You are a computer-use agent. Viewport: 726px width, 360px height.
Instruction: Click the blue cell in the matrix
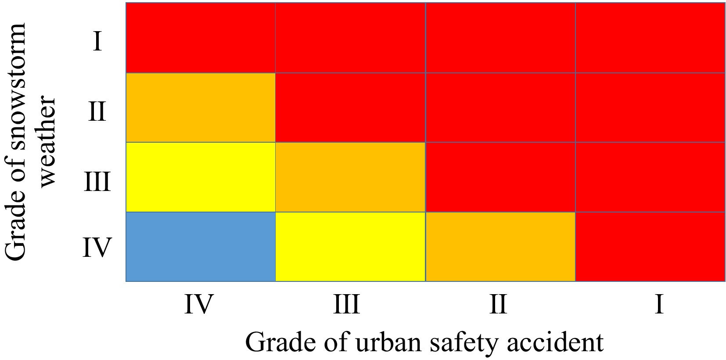[201, 246]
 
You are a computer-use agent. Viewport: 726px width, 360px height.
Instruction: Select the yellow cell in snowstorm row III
[201, 177]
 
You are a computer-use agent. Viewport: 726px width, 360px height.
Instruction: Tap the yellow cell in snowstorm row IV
[350, 246]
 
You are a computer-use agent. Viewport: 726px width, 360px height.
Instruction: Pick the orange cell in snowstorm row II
[201, 108]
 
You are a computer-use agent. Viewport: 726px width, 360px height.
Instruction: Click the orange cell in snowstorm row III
[350, 177]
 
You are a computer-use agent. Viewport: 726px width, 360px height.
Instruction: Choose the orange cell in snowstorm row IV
[500, 246]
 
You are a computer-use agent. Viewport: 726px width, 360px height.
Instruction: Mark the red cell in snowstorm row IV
[650, 246]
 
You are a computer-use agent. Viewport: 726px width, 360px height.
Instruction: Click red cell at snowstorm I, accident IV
[201, 38]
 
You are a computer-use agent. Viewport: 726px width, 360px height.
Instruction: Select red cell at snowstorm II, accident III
[350, 108]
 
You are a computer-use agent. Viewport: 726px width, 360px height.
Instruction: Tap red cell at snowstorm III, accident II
[500, 177]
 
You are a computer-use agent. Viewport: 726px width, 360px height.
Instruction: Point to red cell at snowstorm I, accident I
[650, 38]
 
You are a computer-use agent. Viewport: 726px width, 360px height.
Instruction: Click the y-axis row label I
[97, 42]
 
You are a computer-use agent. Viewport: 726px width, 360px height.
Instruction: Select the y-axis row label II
[97, 111]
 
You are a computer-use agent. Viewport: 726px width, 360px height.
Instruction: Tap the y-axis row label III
[97, 181]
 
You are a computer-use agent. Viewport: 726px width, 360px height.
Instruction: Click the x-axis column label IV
[198, 304]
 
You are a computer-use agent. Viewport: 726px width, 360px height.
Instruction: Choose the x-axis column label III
[346, 304]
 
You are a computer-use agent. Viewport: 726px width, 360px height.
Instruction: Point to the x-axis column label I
[658, 304]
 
